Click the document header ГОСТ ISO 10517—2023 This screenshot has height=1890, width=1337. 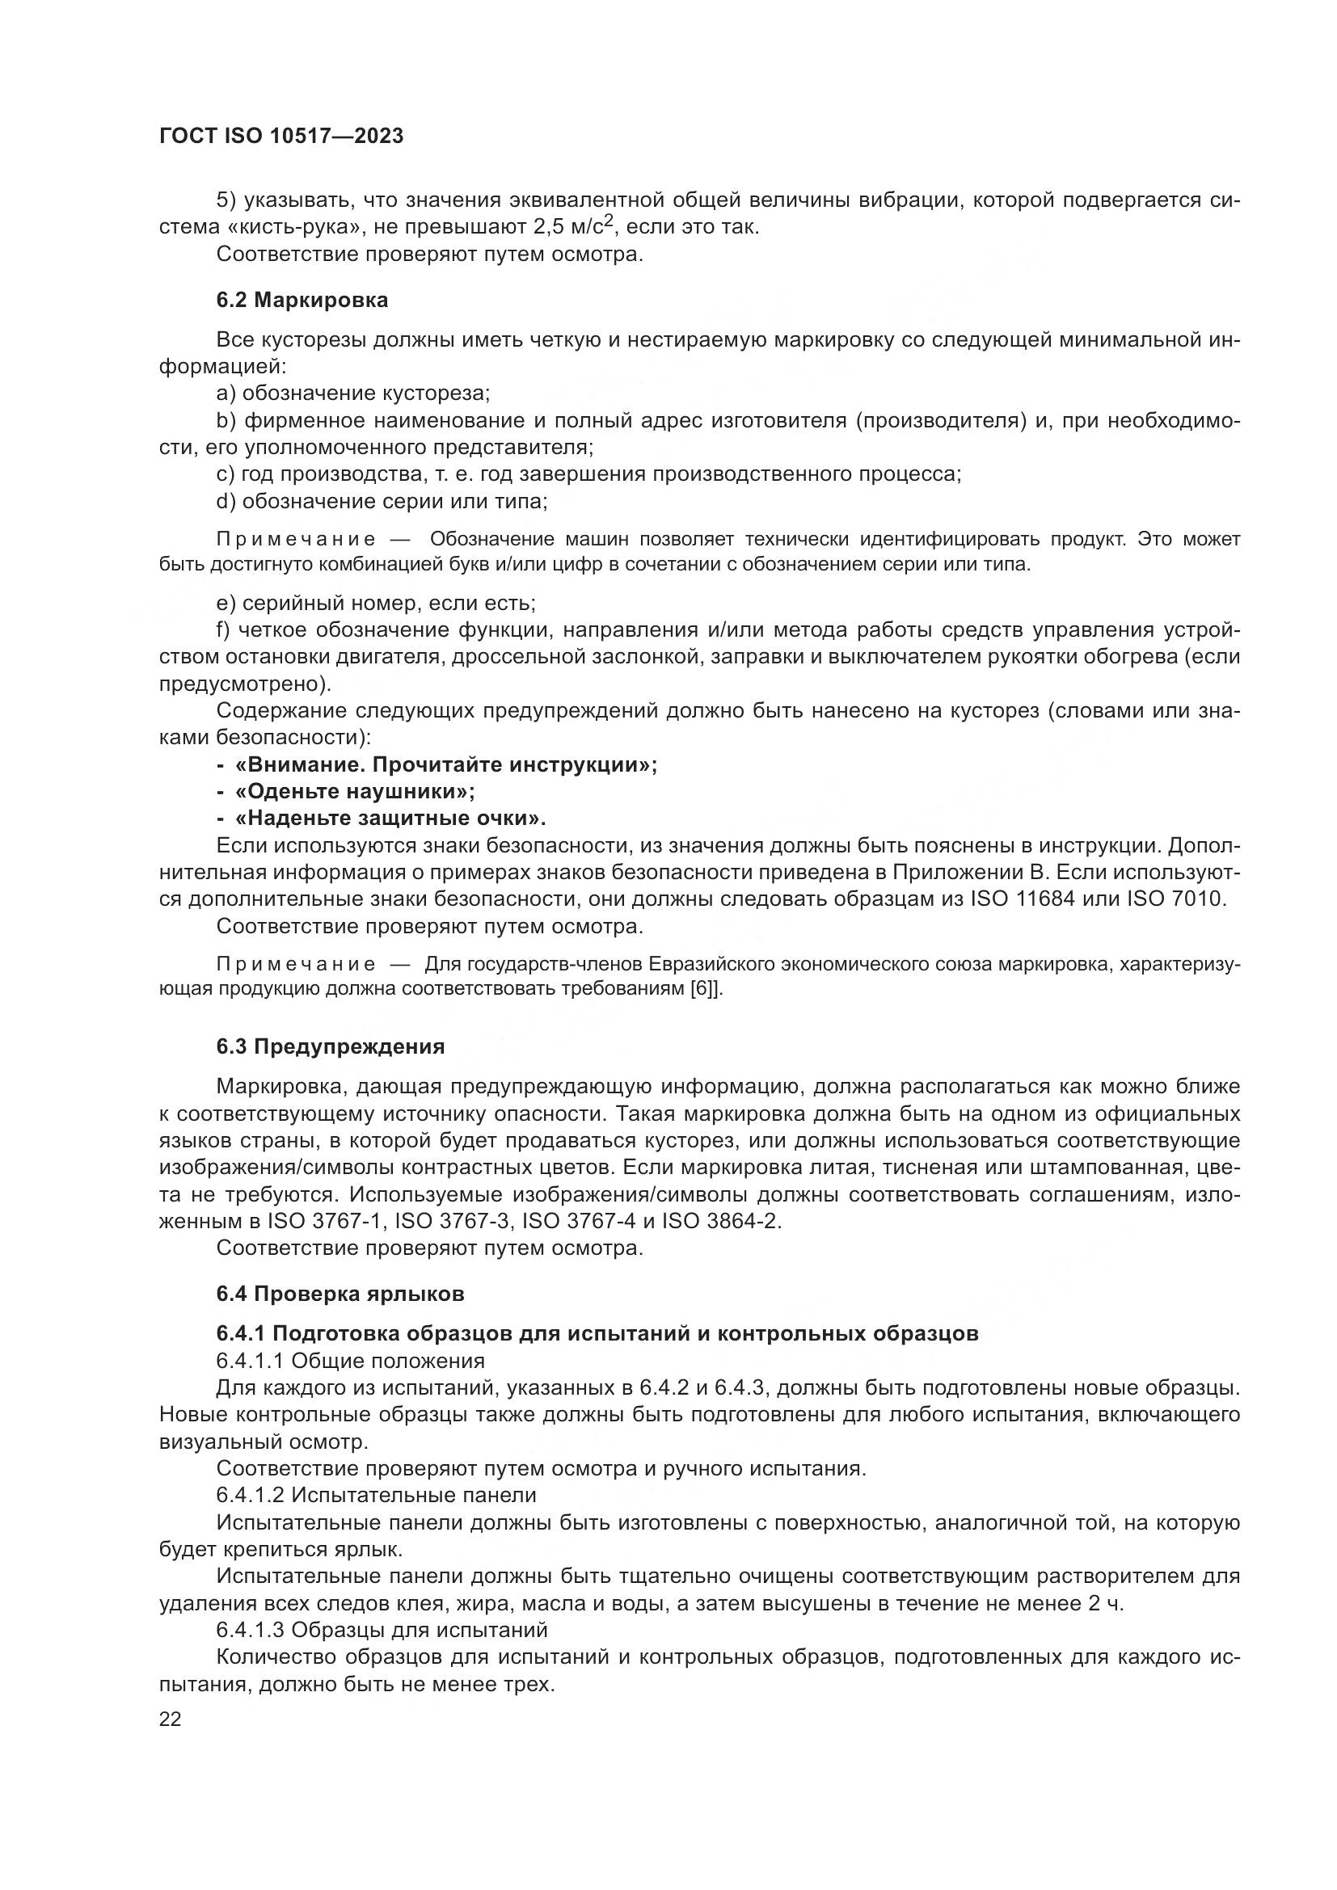(280, 137)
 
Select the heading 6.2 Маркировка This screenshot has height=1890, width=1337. (302, 300)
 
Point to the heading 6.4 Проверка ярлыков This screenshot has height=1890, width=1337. (340, 1293)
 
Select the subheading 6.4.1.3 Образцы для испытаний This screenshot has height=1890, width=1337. (382, 1630)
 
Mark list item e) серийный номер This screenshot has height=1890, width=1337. (375, 604)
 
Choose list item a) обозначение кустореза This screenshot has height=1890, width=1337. (353, 393)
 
